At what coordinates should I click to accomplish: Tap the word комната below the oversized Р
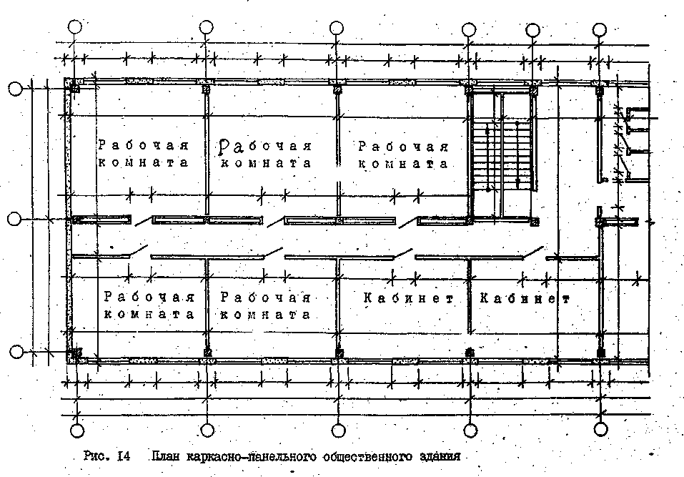pos(266,163)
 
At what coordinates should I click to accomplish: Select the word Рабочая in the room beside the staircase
pos(403,147)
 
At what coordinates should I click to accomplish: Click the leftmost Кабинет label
pos(408,298)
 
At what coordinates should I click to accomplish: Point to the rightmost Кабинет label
pos(525,298)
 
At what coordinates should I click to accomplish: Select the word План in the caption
pos(166,456)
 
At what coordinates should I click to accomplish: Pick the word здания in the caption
pos(436,456)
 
